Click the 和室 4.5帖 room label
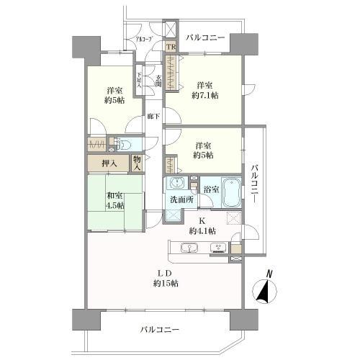pyautogui.click(x=114, y=199)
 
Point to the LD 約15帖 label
pyautogui.click(x=166, y=277)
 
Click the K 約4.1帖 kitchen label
pyautogui.click(x=202, y=225)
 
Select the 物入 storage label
pyautogui.click(x=138, y=163)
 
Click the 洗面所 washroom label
pyautogui.click(x=179, y=199)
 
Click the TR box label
pyautogui.click(x=171, y=48)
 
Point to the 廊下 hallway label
pyautogui.click(x=153, y=115)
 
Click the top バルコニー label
pyautogui.click(x=205, y=37)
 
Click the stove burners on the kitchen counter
pyautogui.click(x=217, y=250)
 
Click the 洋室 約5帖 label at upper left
pyautogui.click(x=114, y=95)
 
